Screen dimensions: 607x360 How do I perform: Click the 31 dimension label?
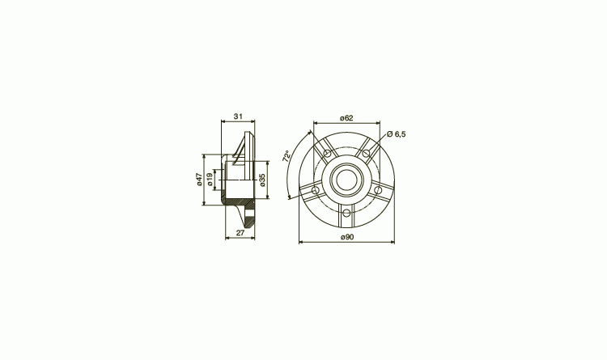pyautogui.click(x=238, y=116)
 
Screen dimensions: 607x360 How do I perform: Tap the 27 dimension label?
pyautogui.click(x=240, y=233)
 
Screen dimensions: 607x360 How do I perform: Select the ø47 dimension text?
pyautogui.click(x=199, y=180)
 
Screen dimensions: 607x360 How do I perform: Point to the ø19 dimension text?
pyautogui.click(x=210, y=180)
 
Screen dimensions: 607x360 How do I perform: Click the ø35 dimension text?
pyautogui.click(x=262, y=180)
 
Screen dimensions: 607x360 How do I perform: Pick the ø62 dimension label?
pyautogui.click(x=346, y=118)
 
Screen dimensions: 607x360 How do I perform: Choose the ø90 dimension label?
pyautogui.click(x=347, y=237)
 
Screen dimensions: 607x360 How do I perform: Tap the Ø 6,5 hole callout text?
pyautogui.click(x=396, y=134)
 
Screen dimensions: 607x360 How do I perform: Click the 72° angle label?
pyautogui.click(x=287, y=156)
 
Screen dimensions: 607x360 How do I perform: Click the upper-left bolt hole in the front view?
pyautogui.click(x=328, y=154)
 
